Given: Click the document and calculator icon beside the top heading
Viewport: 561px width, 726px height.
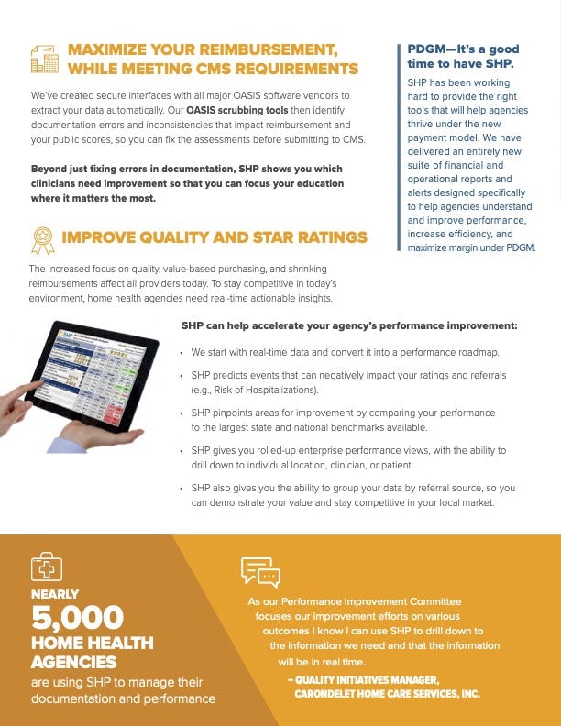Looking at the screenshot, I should click(44, 58).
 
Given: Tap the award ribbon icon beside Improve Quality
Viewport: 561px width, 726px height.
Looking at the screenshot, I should click(42, 240).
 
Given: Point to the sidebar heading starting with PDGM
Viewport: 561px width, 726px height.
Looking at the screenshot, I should click(463, 56).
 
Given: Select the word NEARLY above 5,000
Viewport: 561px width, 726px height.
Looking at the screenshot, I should click(55, 594).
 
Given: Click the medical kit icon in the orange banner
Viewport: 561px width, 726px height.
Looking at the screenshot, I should click(46, 567).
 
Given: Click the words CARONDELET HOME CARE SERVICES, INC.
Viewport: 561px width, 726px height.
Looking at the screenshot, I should click(387, 695).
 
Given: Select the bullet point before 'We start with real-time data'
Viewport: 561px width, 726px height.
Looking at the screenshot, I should click(183, 353).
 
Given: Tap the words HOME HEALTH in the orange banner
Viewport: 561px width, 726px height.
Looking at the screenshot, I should click(92, 643).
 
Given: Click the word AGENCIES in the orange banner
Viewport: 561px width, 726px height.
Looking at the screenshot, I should click(73, 662).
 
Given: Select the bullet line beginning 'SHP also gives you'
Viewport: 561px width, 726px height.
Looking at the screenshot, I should click(353, 488).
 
